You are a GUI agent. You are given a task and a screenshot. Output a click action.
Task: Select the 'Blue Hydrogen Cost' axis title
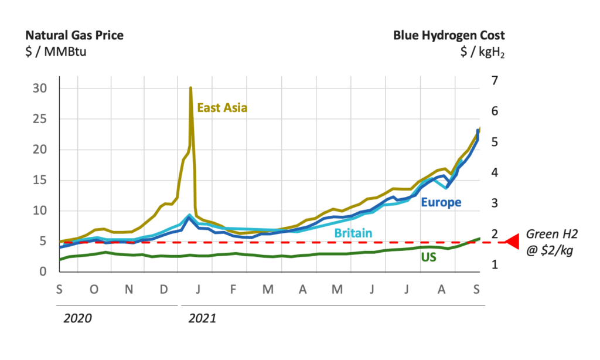[x=449, y=35]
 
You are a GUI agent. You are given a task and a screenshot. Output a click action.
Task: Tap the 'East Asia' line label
[x=222, y=107]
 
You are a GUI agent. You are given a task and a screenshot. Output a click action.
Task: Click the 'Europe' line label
[x=441, y=202]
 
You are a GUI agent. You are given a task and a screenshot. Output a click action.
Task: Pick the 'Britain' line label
[x=353, y=233]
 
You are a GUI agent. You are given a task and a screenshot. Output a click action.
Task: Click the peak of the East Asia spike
[x=190, y=88]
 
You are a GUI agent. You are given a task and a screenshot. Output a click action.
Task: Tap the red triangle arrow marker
[x=512, y=242]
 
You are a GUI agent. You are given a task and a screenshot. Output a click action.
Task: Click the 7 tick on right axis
[x=494, y=80]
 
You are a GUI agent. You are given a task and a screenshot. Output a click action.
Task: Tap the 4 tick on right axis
[x=494, y=172]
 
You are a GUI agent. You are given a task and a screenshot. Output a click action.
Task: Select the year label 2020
[x=78, y=318]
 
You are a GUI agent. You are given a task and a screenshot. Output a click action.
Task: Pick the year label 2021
[x=202, y=318]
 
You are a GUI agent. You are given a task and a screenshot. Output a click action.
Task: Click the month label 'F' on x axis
[x=233, y=290]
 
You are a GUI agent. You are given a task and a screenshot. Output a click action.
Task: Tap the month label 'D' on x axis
[x=165, y=290]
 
